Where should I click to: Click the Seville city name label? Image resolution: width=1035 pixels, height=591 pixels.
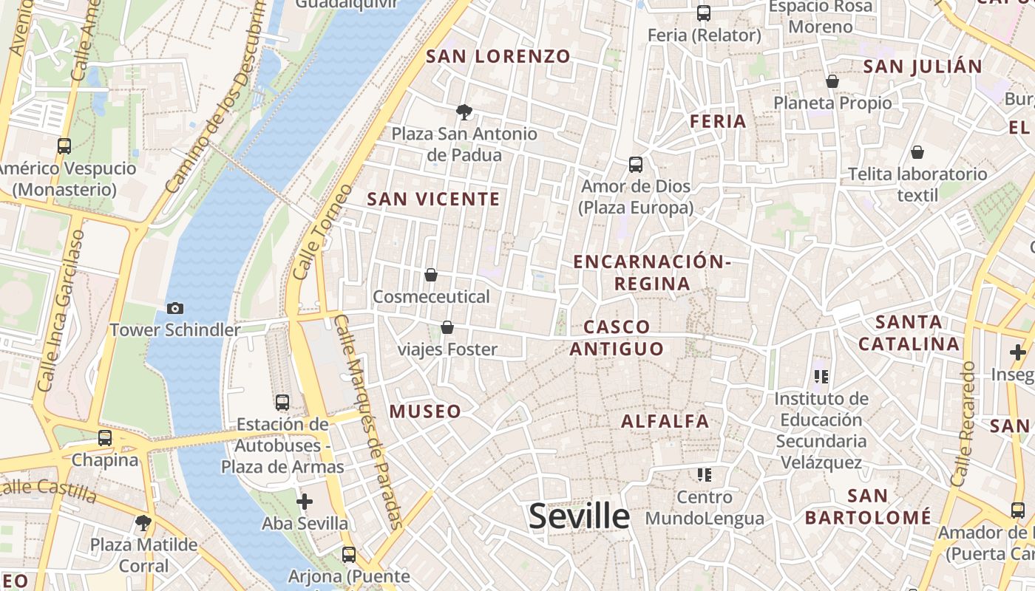579,516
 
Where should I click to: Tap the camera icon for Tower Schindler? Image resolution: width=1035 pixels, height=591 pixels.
175,309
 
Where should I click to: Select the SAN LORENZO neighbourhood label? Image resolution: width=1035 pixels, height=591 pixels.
498,56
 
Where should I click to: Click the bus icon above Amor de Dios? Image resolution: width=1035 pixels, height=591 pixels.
636,165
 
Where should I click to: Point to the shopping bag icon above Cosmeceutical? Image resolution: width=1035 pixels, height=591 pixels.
431,276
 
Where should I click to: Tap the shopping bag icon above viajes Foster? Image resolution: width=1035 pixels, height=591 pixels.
447,327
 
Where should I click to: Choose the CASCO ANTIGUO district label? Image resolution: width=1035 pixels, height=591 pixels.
617,338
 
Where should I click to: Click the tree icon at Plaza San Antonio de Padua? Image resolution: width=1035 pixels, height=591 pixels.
464,112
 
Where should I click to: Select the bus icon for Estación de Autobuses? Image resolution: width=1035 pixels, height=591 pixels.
282,403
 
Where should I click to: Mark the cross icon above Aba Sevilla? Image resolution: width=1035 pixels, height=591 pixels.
305,502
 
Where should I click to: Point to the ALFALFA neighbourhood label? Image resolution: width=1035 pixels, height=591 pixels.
665,421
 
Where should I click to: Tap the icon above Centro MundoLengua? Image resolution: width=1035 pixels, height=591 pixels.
704,474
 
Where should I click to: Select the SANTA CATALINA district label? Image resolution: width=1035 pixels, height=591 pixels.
909,332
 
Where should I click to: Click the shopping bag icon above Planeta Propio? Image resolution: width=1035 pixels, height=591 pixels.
832,81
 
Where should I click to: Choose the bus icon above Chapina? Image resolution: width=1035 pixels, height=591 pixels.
105,438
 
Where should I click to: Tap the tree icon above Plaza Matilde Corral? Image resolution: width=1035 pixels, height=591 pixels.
143,523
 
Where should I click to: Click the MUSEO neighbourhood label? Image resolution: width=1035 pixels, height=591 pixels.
425,411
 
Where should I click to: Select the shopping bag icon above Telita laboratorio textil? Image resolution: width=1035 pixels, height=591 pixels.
917,152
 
